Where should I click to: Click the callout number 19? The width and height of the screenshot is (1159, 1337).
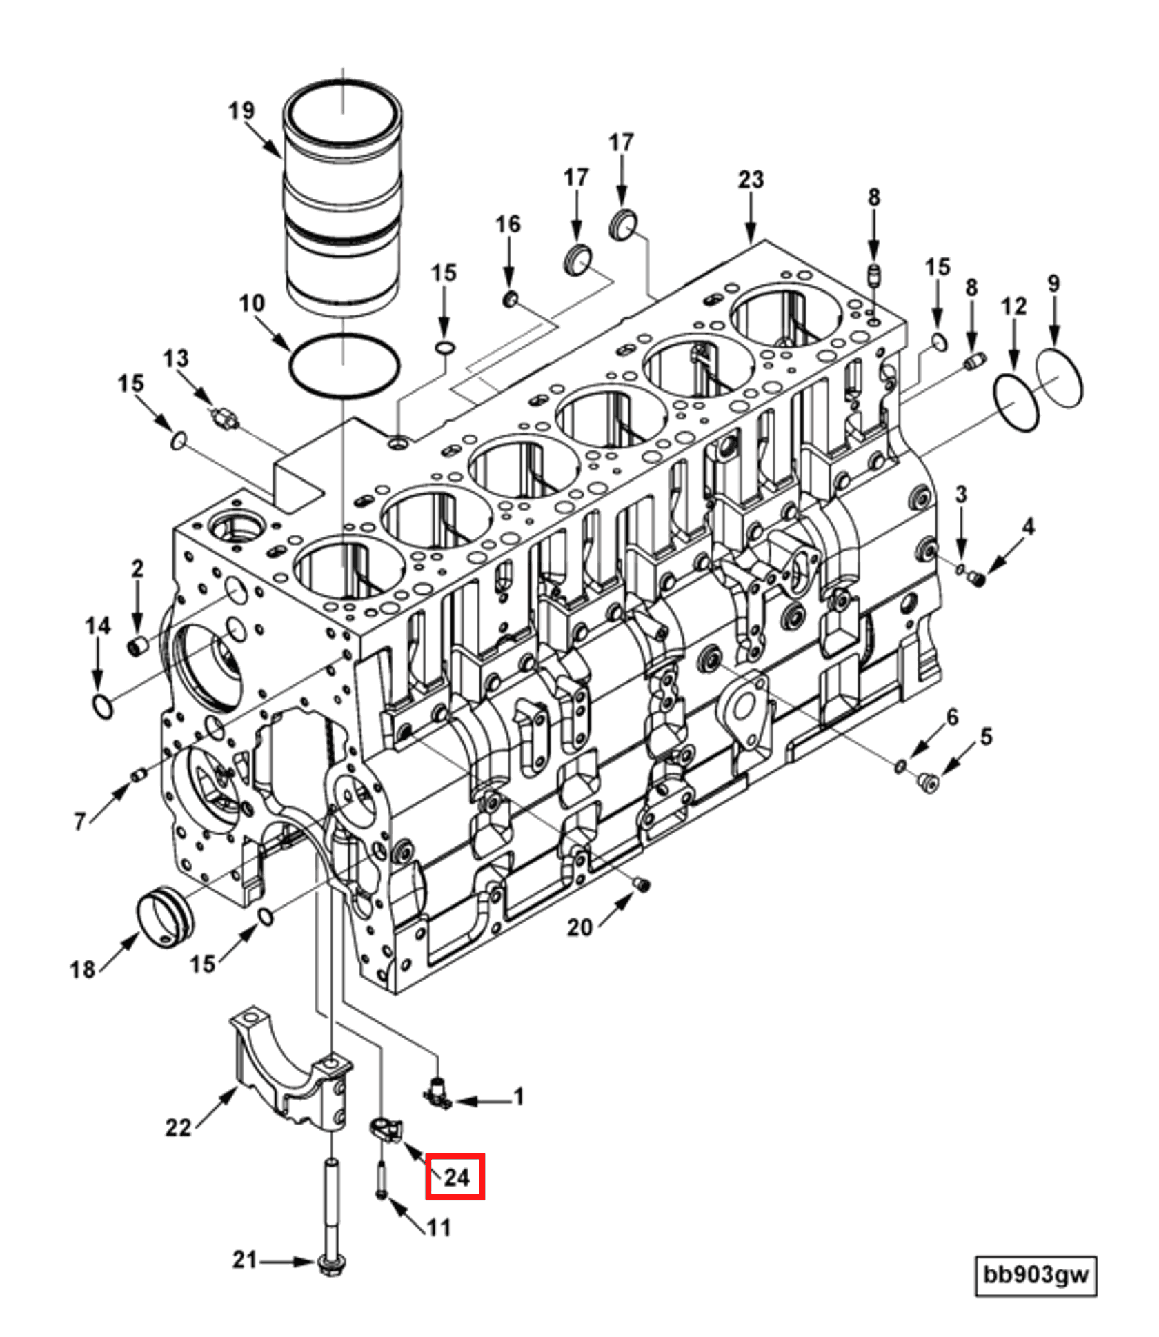click(241, 110)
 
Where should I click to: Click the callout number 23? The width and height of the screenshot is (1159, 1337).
click(751, 180)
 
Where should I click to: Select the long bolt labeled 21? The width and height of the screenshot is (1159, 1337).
click(332, 1200)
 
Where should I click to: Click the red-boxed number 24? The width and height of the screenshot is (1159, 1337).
click(455, 1177)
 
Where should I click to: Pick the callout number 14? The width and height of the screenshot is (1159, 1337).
click(97, 626)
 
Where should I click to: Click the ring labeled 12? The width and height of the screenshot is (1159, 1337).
click(1016, 404)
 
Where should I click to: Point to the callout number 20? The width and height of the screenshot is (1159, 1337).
click(579, 928)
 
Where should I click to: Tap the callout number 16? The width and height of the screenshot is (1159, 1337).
click(508, 224)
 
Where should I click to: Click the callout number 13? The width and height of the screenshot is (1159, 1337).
click(175, 359)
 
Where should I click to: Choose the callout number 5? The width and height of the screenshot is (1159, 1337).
click(986, 736)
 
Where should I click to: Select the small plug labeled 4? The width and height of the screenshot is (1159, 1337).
click(975, 578)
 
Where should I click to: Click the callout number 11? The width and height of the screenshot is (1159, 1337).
click(439, 1227)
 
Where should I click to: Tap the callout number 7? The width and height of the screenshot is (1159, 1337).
click(80, 822)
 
